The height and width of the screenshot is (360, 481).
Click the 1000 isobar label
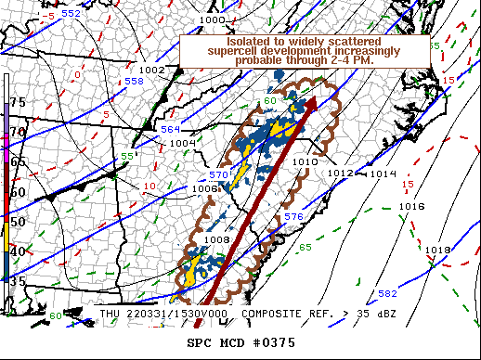tap(213, 19)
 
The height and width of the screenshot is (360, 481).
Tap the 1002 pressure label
tap(151, 70)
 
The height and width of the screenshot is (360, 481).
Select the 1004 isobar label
tap(182, 143)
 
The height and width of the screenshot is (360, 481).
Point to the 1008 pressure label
tap(216, 239)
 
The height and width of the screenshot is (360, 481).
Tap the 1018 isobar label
tap(437, 251)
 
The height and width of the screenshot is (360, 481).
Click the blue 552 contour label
tap(71, 15)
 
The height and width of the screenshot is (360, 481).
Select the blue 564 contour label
tap(171, 129)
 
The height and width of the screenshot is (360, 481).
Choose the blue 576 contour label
tap(293, 216)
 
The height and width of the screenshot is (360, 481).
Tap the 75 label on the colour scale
tap(18, 102)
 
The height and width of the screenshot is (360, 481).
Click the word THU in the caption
tap(110, 315)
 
